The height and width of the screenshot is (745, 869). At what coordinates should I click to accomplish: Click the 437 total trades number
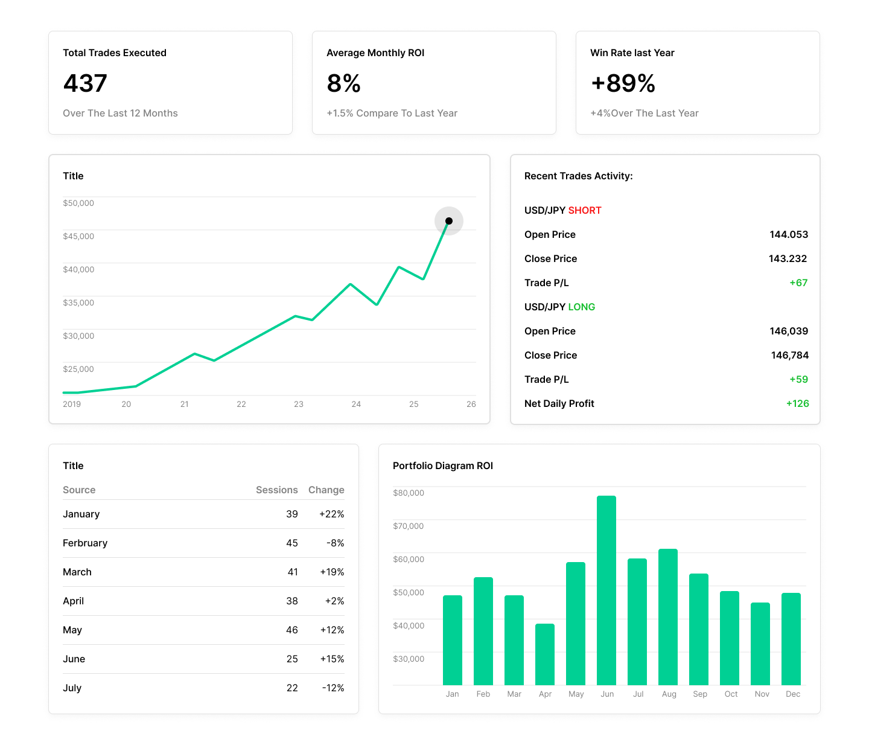tap(85, 83)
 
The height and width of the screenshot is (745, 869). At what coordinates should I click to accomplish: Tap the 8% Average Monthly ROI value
tap(343, 83)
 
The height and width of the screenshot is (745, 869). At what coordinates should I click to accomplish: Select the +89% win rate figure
tap(623, 83)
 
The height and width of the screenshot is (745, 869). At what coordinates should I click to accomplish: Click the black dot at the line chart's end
tap(449, 221)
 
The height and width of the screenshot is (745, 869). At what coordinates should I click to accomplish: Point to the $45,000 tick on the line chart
tap(78, 236)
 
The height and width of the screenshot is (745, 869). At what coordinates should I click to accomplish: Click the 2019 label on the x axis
tap(72, 404)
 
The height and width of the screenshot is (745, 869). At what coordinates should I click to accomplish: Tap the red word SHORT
tap(585, 210)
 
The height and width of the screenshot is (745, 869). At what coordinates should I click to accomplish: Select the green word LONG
tap(582, 307)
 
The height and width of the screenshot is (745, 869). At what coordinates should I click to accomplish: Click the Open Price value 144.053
tap(788, 234)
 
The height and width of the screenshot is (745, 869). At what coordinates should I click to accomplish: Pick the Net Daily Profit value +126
tap(797, 403)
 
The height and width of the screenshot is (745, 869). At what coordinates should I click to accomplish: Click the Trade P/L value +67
tap(798, 283)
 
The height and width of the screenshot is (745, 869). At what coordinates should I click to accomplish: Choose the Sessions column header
tap(276, 490)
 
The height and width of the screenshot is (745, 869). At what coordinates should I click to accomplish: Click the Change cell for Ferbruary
tap(335, 543)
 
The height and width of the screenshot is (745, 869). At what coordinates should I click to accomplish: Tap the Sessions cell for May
tap(292, 630)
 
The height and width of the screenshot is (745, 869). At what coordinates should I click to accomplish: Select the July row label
tap(72, 688)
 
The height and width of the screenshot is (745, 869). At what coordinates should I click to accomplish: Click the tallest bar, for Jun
tap(606, 590)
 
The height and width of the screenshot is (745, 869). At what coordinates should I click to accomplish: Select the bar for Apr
tap(545, 654)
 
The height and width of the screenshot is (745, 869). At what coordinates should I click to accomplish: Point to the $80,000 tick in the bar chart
tap(409, 493)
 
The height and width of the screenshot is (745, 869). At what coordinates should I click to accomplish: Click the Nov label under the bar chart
tap(762, 694)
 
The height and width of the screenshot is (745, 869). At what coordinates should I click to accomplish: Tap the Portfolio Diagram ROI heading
tap(443, 465)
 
